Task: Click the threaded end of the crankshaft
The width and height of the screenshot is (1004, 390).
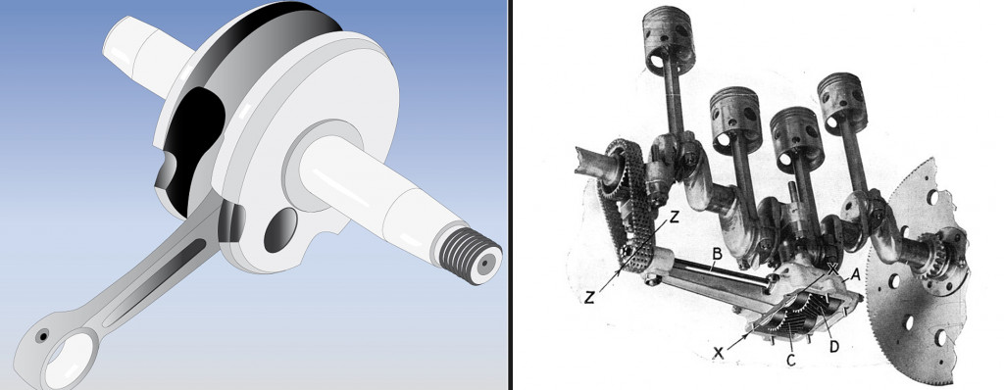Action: (x=470, y=257)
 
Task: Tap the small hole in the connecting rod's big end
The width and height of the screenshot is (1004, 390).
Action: (x=42, y=335)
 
